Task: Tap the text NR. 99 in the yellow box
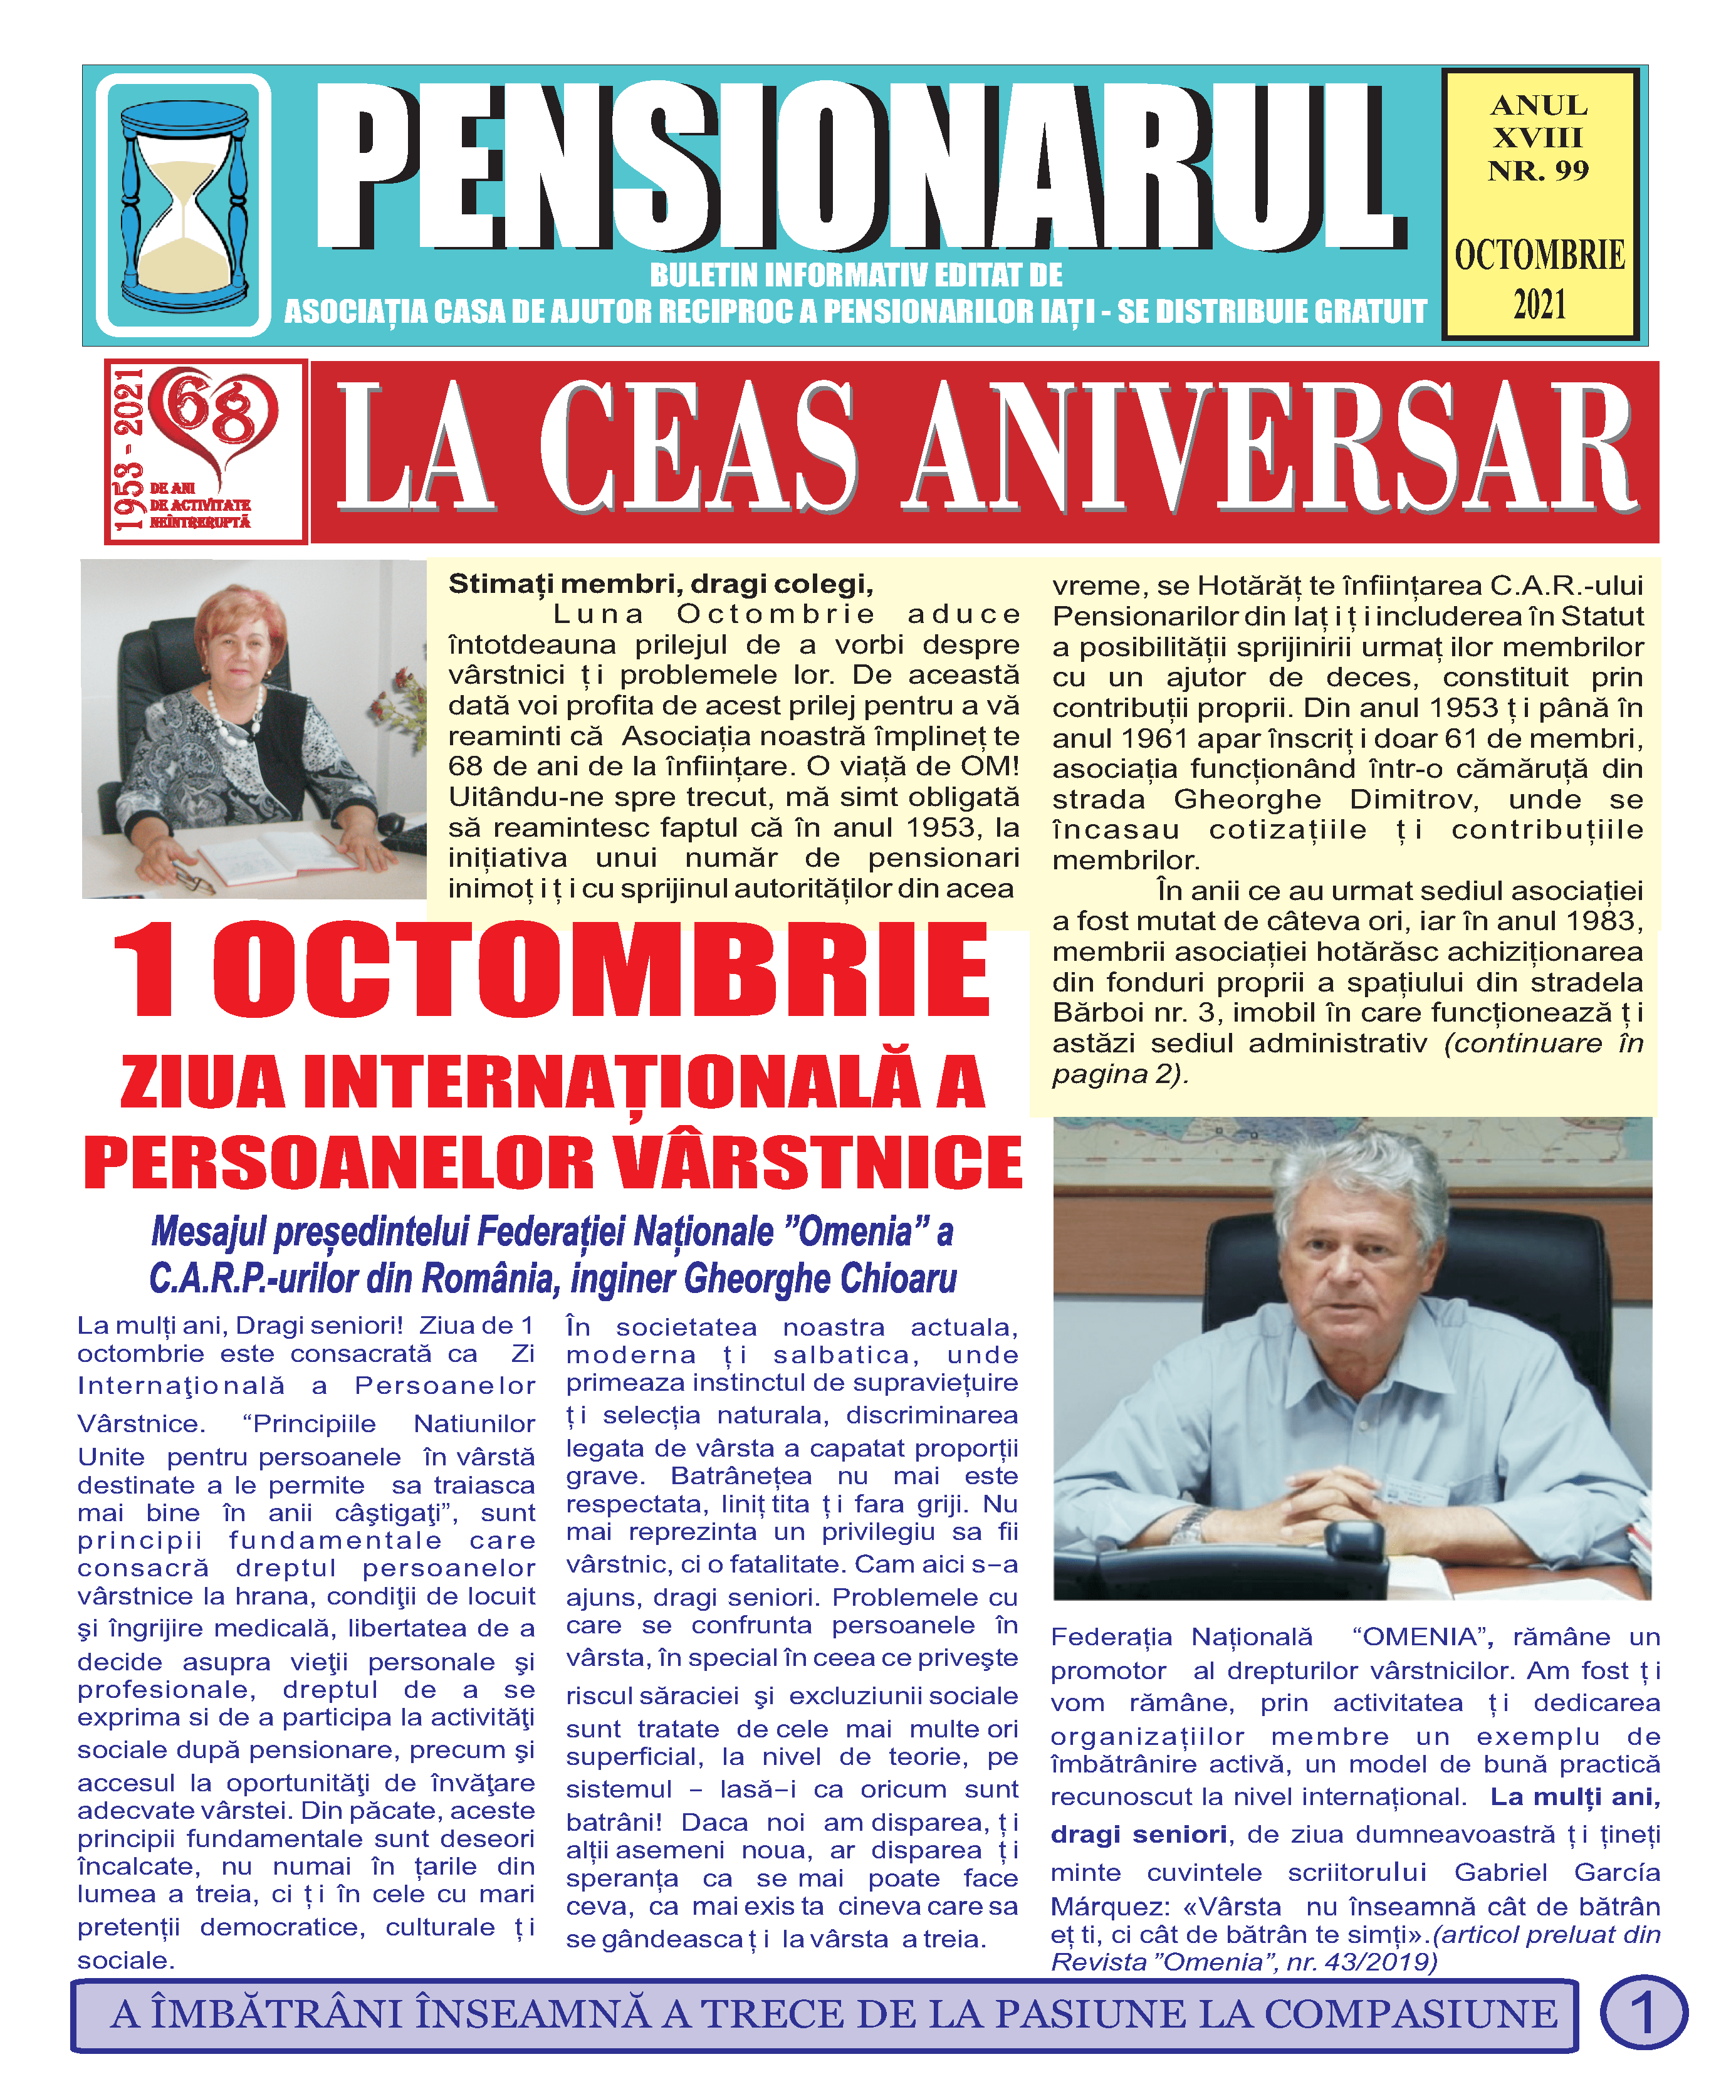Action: click(1538, 171)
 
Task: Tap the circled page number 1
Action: click(1643, 2013)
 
